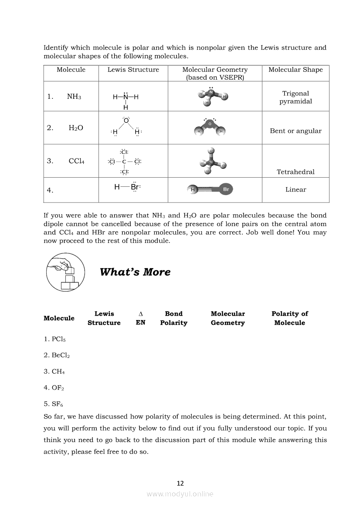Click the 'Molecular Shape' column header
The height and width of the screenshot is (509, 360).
[295, 70]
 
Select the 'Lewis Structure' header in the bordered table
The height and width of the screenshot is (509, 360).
[133, 70]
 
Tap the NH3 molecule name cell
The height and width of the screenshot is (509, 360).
[74, 97]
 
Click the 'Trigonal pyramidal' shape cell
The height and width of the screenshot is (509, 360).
[295, 97]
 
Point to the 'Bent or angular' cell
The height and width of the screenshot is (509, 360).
[295, 131]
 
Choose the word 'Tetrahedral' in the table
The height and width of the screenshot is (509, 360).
[295, 172]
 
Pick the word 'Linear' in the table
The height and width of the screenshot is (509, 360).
[295, 189]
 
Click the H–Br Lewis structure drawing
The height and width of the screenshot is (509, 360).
[127, 187]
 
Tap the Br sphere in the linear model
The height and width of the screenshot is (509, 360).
[225, 189]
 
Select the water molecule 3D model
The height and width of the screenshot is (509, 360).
[211, 128]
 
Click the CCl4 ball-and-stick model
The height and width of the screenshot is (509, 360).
[211, 161]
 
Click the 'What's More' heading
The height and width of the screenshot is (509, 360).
[135, 272]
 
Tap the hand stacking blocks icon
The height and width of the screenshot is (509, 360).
[63, 273]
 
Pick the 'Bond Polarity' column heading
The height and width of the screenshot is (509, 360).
[173, 318]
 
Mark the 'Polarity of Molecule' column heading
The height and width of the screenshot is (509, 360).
[289, 318]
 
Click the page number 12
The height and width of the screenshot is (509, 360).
[180, 483]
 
